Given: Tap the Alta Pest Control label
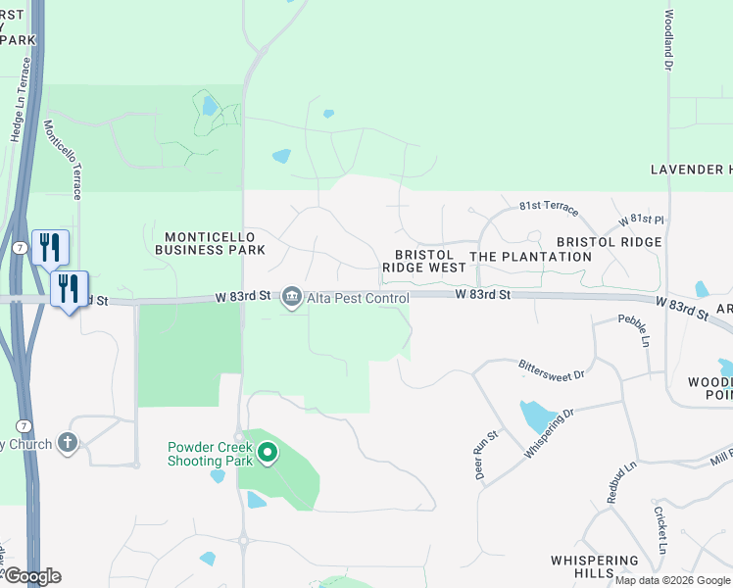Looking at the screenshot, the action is coord(357,298).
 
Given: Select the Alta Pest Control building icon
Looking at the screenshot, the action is coord(291,297).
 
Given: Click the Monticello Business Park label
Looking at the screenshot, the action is coord(210,243).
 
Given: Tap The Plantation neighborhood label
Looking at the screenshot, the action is coord(530,257).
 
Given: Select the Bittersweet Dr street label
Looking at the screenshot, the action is coord(551,368).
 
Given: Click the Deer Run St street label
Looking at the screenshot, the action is coord(480,455).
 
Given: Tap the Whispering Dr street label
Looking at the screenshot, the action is coord(548,424).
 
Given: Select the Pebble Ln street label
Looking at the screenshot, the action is coord(633,330).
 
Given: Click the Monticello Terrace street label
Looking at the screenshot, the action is coord(64,161).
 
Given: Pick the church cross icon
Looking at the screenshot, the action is coord(67,444).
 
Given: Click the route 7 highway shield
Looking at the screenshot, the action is coord(20,248).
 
